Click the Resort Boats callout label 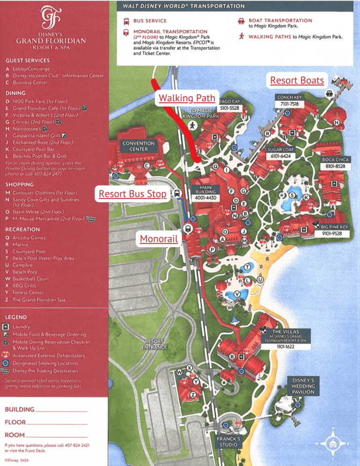tap(297, 80)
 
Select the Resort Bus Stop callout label tap(133, 193)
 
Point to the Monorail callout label tap(159, 239)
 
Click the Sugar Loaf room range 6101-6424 tap(280, 156)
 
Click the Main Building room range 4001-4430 tap(204, 197)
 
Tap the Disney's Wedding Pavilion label tap(303, 386)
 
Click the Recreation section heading tap(22, 229)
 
